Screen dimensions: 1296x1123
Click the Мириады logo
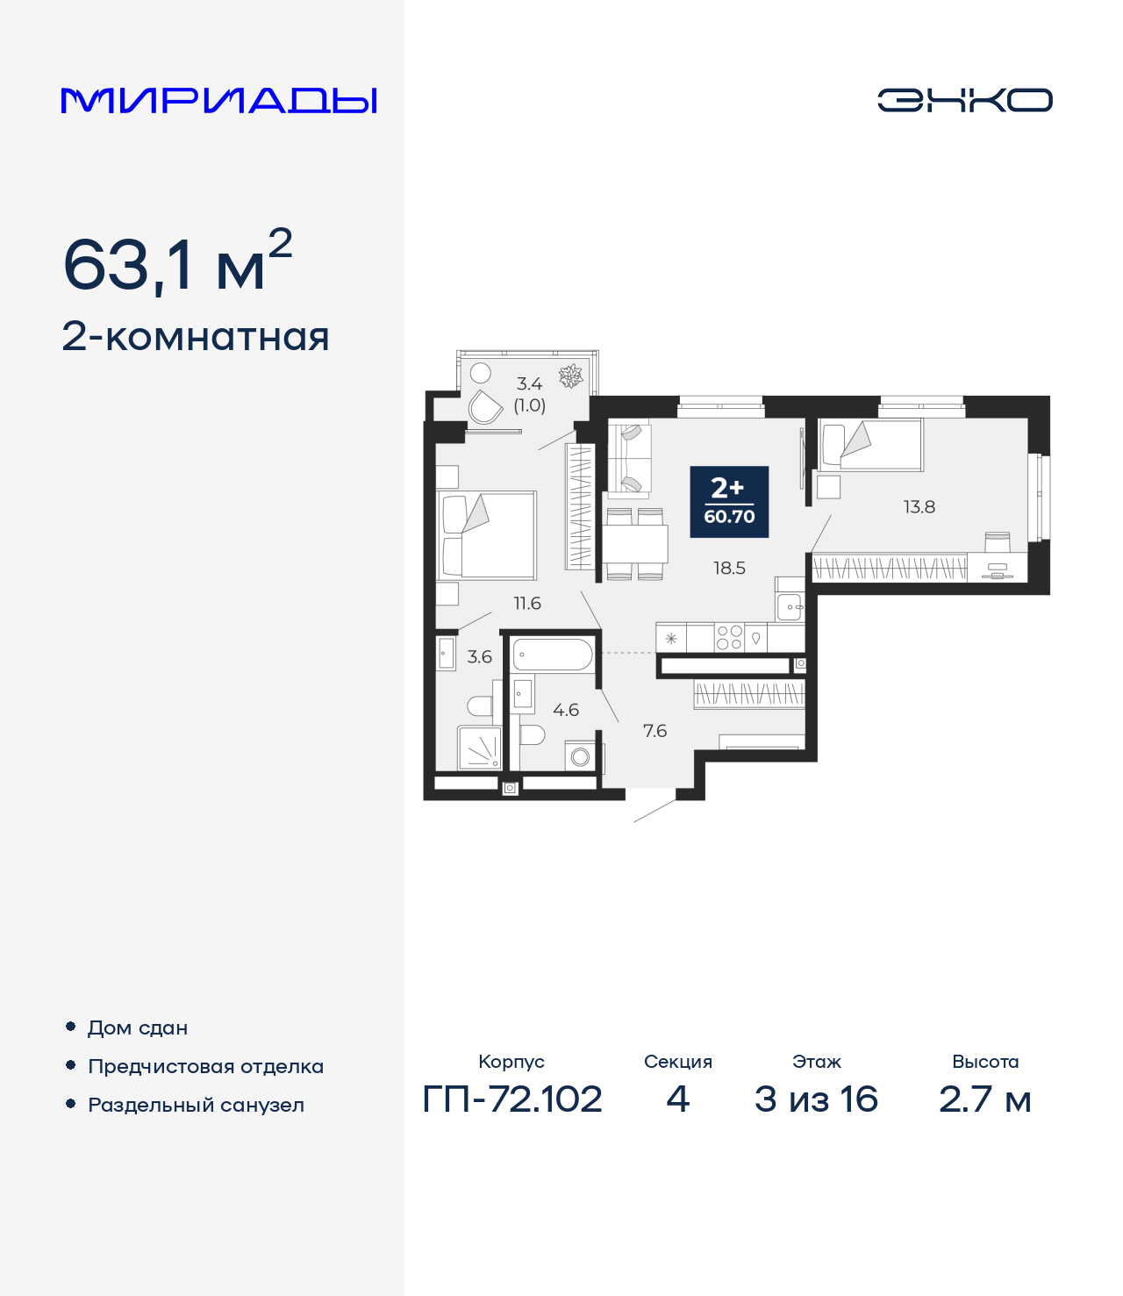tap(218, 101)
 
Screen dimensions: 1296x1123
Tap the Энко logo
tap(964, 100)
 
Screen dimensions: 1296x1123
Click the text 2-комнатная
tap(196, 337)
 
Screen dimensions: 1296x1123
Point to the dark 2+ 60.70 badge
tap(729, 502)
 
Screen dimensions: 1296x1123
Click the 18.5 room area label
tap(729, 569)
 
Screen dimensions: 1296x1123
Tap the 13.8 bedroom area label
tap(919, 507)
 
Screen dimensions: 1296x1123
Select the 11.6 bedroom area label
tap(527, 604)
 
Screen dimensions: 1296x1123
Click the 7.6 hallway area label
tap(654, 731)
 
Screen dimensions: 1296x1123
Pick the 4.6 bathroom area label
tap(566, 710)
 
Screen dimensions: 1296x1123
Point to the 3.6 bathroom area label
tap(479, 657)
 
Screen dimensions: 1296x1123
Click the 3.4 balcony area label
tap(529, 384)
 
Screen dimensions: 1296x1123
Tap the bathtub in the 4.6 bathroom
tap(553, 655)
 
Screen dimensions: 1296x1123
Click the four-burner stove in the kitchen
tap(729, 637)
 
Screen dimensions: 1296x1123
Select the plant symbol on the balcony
tap(571, 376)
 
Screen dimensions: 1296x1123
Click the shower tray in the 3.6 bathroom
tap(479, 748)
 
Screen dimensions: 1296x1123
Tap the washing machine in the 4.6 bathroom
tap(580, 756)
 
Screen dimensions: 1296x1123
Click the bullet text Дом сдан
tap(138, 1027)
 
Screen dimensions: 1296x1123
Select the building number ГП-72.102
tap(512, 1099)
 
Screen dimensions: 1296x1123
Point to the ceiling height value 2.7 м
tap(984, 1099)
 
